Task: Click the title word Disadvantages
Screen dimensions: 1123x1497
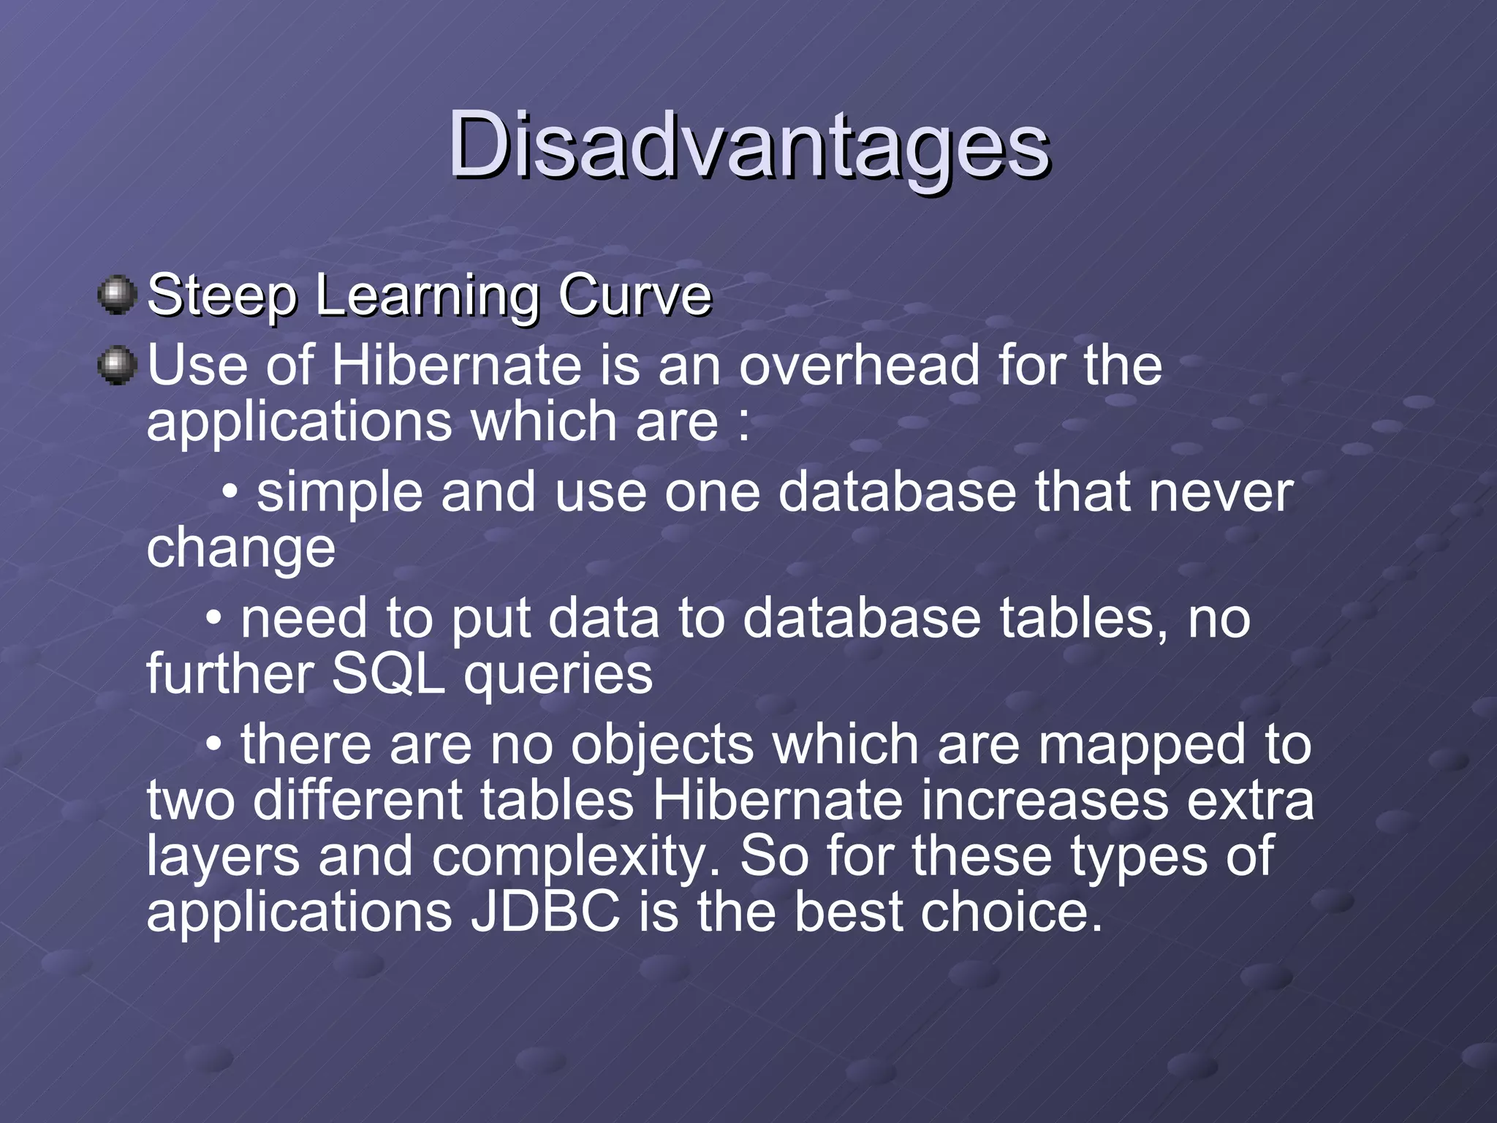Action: [x=748, y=146]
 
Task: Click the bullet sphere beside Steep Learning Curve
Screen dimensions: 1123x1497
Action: [x=117, y=295]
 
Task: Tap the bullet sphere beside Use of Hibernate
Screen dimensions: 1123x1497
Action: [x=117, y=366]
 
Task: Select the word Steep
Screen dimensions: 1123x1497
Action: [x=222, y=296]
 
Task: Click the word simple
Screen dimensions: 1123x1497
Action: [x=339, y=494]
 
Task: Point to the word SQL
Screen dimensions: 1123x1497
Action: [x=388, y=674]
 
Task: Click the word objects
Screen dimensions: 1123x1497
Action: [x=662, y=746]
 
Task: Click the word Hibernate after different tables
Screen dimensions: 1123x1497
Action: [x=777, y=801]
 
